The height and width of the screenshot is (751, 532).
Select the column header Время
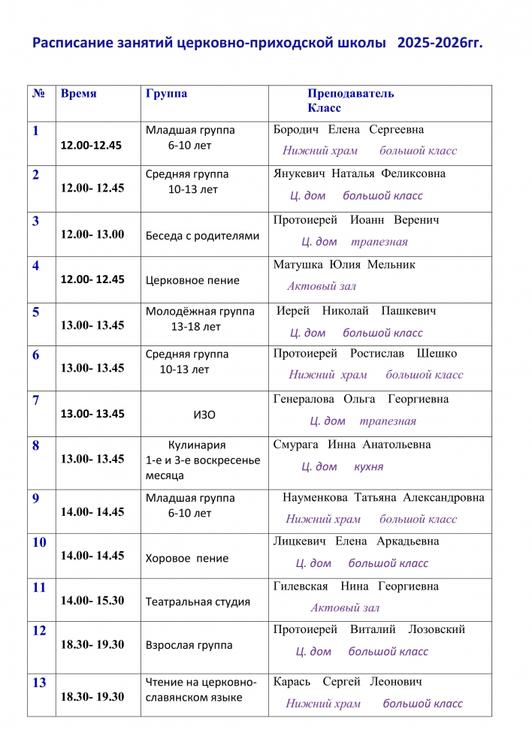78,95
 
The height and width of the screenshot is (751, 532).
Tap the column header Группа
166,95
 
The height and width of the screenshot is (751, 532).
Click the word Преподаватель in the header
350,95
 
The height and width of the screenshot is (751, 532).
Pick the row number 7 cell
36,400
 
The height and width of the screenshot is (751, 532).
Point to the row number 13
39,683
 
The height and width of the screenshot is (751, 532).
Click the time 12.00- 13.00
92,234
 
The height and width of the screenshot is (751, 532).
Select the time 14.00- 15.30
92,601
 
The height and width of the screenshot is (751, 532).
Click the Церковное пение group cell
192,280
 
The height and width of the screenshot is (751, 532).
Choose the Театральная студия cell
198,602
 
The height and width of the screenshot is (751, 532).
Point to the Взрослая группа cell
189,645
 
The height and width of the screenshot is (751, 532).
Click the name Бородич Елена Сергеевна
349,130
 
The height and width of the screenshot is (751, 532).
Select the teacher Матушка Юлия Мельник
344,264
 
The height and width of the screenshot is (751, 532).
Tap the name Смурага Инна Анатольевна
352,445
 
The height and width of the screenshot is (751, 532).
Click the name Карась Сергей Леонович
347,683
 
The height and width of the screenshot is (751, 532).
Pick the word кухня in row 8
368,466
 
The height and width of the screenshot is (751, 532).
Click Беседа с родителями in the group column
202,236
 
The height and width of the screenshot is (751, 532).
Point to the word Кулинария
197,445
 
